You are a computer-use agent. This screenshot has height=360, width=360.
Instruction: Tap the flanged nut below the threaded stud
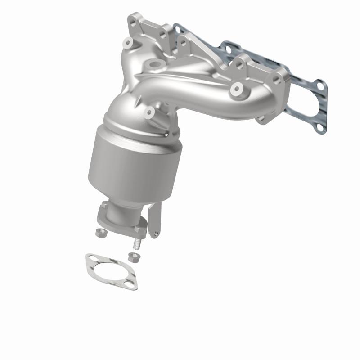coord(132,257)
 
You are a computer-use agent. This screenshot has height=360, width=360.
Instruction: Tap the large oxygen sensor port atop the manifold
coord(156,66)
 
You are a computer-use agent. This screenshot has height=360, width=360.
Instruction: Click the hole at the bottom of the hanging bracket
coord(156,233)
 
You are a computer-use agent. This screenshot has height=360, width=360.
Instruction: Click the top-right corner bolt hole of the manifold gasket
coord(320,84)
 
